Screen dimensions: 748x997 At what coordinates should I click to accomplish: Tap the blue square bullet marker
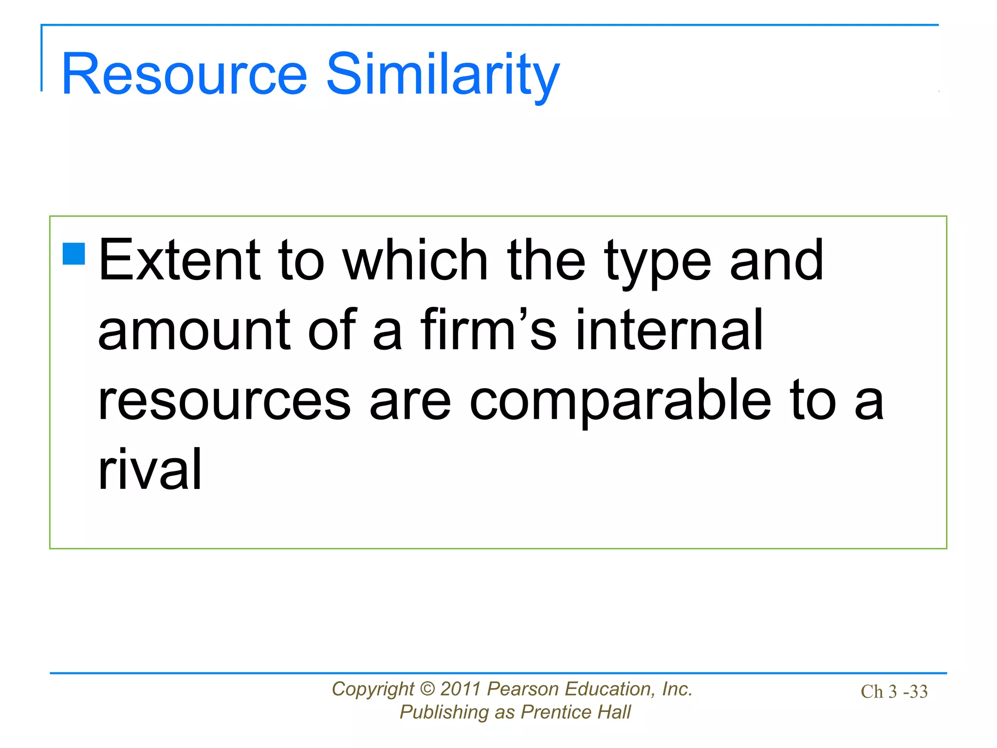coord(74,254)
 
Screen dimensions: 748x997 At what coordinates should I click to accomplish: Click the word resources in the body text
coord(224,400)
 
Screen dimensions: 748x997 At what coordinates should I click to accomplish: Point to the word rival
coord(149,469)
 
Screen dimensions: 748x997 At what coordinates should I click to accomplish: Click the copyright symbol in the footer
coord(427,689)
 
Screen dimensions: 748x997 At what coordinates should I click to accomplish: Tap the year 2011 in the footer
coord(461,689)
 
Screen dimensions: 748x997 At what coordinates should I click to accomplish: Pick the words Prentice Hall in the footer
coord(575,712)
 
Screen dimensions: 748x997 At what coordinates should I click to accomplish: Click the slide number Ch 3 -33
coord(894,692)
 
